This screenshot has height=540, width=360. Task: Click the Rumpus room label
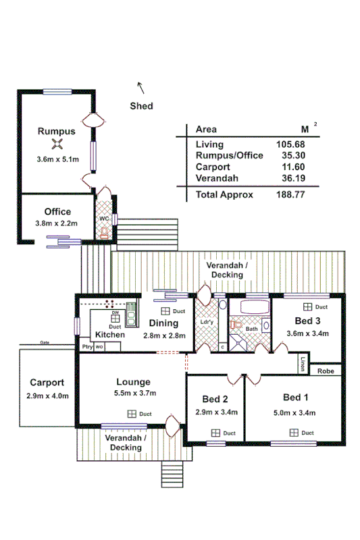click(55, 131)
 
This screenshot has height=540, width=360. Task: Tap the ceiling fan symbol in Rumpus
click(58, 144)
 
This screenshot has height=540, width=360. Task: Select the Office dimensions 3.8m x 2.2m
click(57, 223)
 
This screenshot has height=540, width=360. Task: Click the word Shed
click(142, 106)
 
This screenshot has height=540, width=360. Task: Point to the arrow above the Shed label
click(141, 87)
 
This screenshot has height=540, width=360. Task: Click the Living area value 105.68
click(290, 144)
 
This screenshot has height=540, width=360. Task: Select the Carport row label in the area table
click(213, 167)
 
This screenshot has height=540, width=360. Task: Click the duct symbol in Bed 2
click(215, 433)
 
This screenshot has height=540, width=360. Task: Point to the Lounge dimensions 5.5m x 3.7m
click(133, 394)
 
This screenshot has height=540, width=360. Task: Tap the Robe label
click(326, 371)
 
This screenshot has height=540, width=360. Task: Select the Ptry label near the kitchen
click(86, 347)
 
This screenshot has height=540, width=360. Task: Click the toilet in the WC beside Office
click(103, 233)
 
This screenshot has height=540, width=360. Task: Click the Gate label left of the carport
click(45, 342)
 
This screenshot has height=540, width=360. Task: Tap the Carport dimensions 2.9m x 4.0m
click(47, 396)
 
